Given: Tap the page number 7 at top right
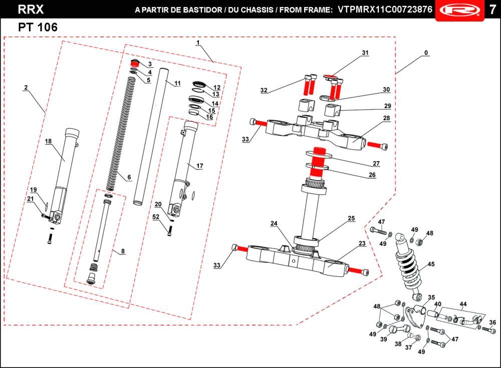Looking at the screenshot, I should pyautogui.click(x=492, y=10).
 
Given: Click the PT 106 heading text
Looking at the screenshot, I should pyautogui.click(x=38, y=28).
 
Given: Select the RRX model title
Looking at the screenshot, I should pyautogui.click(x=31, y=10).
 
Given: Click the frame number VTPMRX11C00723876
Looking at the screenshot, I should pyautogui.click(x=385, y=10).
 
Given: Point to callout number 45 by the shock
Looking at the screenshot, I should pyautogui.click(x=431, y=264).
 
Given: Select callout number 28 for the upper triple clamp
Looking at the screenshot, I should pyautogui.click(x=386, y=118).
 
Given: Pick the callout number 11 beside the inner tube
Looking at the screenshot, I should pyautogui.click(x=177, y=83).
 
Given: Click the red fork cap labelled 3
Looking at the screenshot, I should pyautogui.click(x=134, y=63).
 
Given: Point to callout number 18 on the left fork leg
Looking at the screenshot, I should pyautogui.click(x=48, y=142).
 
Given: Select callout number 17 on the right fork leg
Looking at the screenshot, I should pyautogui.click(x=199, y=165).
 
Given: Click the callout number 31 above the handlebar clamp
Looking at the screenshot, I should pyautogui.click(x=365, y=53).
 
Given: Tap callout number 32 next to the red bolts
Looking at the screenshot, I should pyautogui.click(x=264, y=91).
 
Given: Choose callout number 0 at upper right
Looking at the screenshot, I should pyautogui.click(x=426, y=53).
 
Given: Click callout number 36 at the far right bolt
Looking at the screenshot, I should pyautogui.click(x=492, y=323).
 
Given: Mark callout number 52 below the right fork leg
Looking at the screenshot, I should pyautogui.click(x=156, y=217).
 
